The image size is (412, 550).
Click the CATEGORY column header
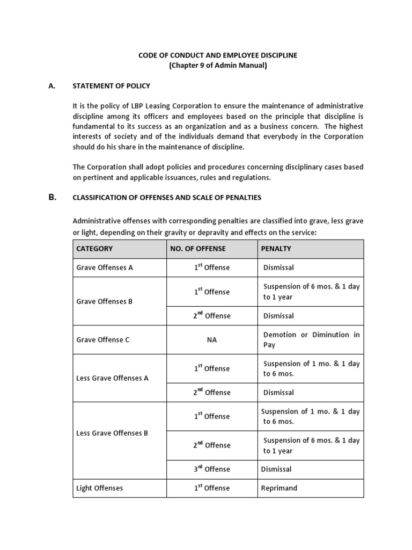point(95,249)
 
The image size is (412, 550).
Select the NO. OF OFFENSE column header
point(198,249)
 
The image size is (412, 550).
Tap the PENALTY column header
point(276,249)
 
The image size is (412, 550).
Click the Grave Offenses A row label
point(105,267)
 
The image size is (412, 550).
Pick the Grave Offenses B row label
point(105,301)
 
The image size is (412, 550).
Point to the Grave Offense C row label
point(103,339)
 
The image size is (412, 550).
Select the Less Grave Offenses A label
point(113,378)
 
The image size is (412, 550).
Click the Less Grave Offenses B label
point(112,433)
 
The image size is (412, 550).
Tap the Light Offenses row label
point(100,488)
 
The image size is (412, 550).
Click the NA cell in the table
point(212,340)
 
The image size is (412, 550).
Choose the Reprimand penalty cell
point(279,488)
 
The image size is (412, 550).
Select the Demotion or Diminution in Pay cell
point(311,339)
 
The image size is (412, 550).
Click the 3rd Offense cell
point(212,469)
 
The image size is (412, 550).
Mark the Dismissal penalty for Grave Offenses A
point(278,267)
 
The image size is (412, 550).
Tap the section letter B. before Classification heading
point(52,197)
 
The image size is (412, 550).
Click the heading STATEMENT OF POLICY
point(112,86)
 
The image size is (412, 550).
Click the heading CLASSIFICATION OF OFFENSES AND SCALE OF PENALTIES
point(167,198)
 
